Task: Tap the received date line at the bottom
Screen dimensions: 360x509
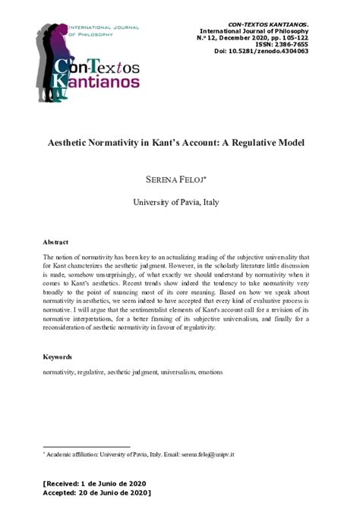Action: (94, 484)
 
